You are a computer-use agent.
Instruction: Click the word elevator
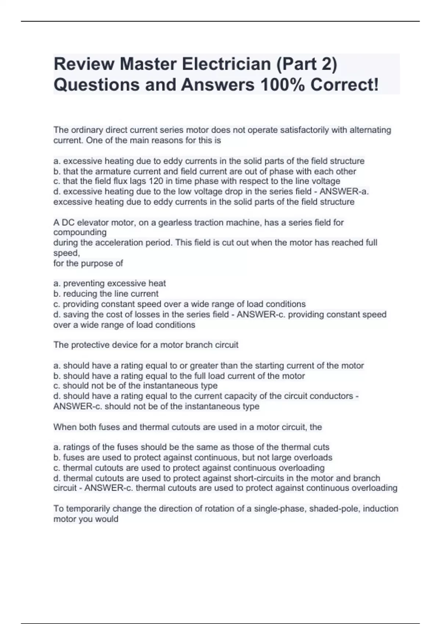coord(93,222)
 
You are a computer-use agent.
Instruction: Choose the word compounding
coord(80,232)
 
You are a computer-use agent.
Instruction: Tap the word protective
coord(90,345)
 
